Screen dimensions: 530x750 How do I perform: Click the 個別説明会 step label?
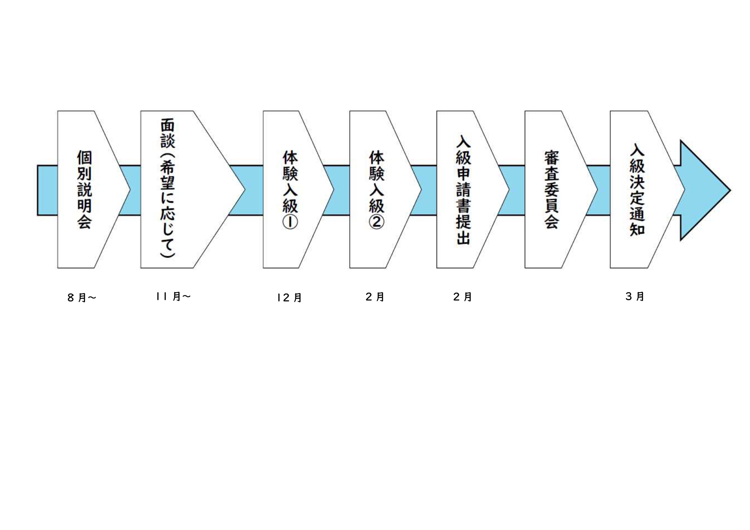click(84, 189)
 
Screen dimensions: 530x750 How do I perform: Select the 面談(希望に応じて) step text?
click(168, 188)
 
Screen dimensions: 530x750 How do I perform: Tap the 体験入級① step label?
click(290, 189)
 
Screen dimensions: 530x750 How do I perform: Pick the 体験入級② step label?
click(377, 189)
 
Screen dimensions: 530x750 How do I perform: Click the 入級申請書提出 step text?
click(464, 189)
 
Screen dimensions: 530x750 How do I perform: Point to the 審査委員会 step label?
click(551, 189)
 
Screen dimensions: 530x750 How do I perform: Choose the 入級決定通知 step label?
click(637, 189)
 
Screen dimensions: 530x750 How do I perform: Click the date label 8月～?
click(81, 298)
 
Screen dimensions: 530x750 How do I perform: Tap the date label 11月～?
click(173, 296)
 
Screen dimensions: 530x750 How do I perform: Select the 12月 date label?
click(289, 298)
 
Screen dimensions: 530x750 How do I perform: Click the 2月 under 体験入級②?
click(375, 297)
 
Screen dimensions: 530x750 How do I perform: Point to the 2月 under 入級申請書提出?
click(463, 297)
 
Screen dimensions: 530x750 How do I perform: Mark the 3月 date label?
click(635, 296)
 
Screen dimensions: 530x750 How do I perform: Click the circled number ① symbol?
click(290, 223)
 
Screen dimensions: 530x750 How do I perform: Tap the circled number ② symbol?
click(377, 223)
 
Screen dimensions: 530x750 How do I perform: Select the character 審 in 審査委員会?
click(551, 158)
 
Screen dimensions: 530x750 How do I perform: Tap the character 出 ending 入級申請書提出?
click(464, 238)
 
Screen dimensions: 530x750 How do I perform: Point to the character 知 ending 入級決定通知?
click(637, 229)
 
